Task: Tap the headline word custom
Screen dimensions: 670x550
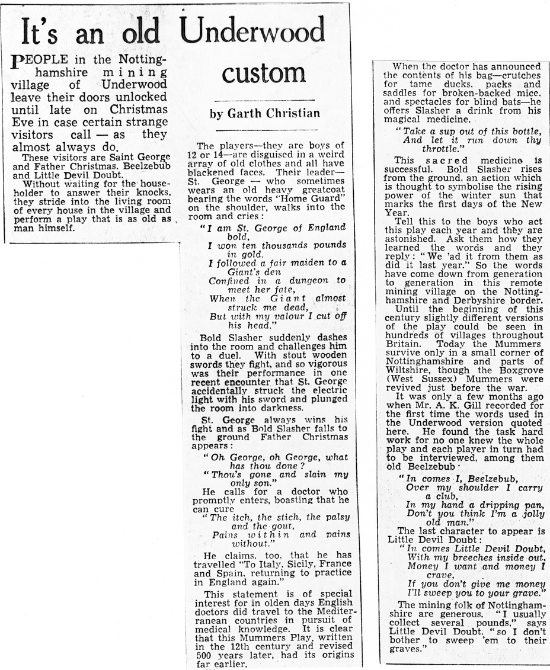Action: (x=264, y=73)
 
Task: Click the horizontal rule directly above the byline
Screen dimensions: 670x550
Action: (x=264, y=101)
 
